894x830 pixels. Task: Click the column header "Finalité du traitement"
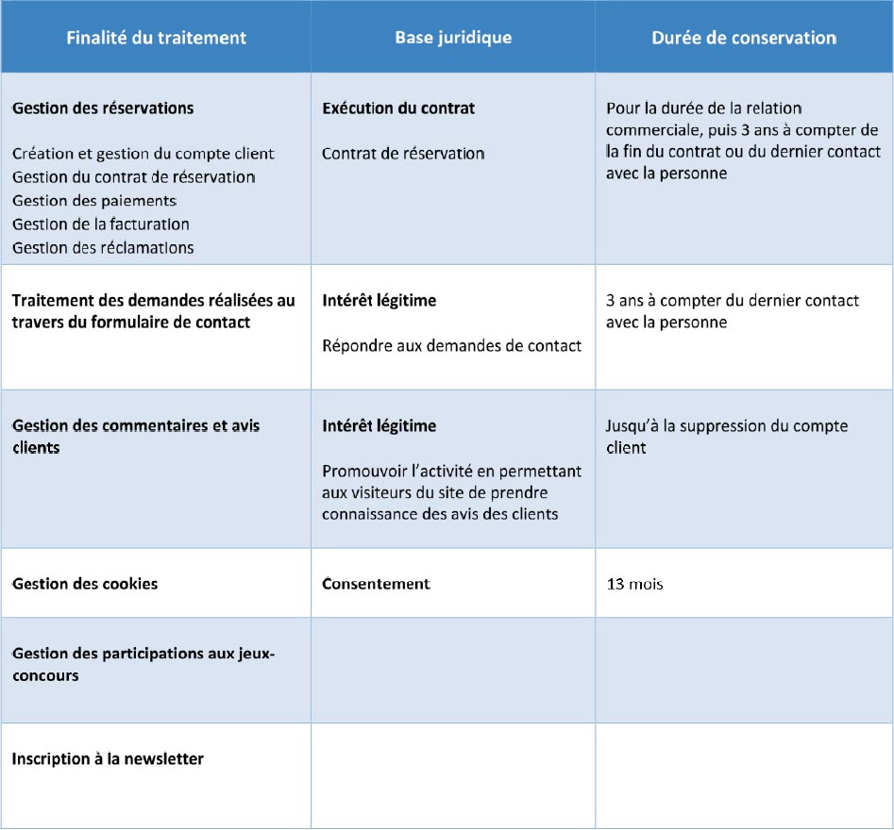click(156, 38)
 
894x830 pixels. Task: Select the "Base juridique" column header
click(453, 38)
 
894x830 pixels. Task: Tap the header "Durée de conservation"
click(744, 38)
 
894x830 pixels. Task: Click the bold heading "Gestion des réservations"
click(103, 108)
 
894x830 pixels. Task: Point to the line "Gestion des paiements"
click(94, 201)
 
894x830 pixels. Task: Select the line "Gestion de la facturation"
click(101, 224)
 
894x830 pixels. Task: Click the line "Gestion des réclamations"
click(103, 248)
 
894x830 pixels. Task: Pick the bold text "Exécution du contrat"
click(398, 108)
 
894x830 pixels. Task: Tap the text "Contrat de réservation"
click(403, 154)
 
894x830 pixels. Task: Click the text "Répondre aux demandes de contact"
click(451, 345)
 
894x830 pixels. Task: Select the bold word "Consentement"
click(376, 584)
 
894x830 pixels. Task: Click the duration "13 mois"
click(634, 584)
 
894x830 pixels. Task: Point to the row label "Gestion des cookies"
click(85, 584)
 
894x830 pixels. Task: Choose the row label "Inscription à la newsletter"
click(108, 758)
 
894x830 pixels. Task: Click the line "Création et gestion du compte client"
click(143, 154)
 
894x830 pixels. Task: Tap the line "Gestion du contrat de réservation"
click(133, 177)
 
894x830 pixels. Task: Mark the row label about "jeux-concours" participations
click(143, 664)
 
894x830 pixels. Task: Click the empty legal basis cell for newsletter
click(453, 775)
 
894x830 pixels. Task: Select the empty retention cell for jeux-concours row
click(744, 670)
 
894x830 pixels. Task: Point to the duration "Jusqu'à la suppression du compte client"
click(726, 437)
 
